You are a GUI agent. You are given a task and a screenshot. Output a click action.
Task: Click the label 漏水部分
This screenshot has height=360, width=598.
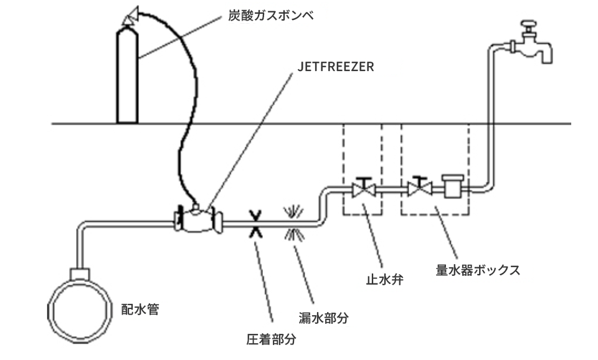coord(323,318)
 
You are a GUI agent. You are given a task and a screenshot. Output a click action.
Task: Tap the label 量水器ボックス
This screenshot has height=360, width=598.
coord(478,270)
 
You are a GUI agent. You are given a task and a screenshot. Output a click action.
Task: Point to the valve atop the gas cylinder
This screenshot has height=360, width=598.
coord(130,17)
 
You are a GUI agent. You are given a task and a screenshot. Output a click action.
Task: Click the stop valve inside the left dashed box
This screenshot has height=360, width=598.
coord(363,189)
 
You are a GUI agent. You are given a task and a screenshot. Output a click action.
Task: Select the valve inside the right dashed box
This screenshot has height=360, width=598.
coord(420,189)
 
